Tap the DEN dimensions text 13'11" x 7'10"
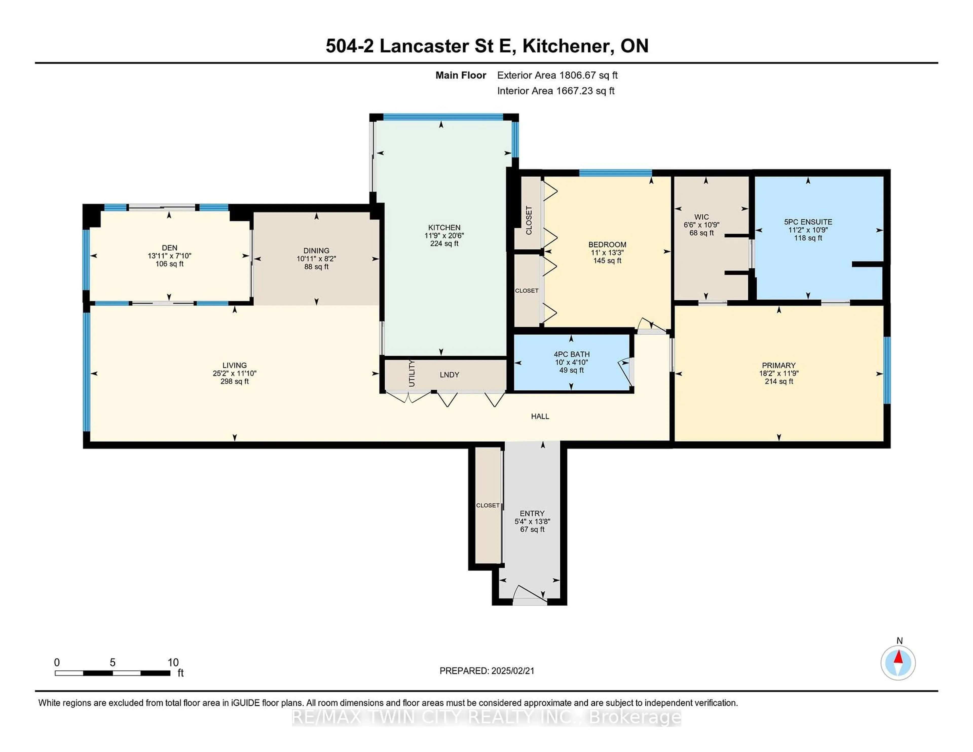click(169, 256)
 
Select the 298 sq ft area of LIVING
click(234, 381)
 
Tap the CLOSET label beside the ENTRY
click(488, 505)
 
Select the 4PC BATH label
click(572, 354)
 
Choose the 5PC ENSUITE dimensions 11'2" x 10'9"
click(808, 230)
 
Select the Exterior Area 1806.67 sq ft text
click(557, 75)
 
